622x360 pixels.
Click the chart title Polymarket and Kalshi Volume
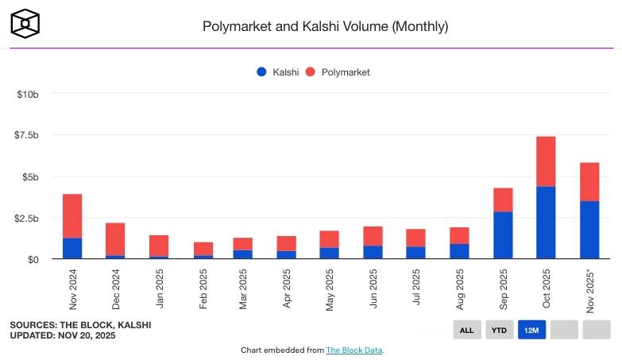tap(326, 26)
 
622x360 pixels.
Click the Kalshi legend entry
tap(277, 72)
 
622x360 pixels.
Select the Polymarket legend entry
tap(338, 72)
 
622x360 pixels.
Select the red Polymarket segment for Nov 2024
tap(72, 216)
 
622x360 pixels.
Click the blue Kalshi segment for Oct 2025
tap(546, 223)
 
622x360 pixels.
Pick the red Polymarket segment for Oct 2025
tap(546, 161)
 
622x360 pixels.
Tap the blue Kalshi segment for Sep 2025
tap(503, 235)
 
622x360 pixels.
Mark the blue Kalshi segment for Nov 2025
tap(589, 230)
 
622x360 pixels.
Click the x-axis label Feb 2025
tap(203, 288)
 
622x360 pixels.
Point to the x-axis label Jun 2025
tap(374, 288)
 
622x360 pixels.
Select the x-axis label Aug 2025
tap(460, 288)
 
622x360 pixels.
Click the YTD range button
tap(500, 330)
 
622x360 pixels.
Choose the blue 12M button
tap(531, 330)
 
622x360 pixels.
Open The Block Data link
tap(354, 350)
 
